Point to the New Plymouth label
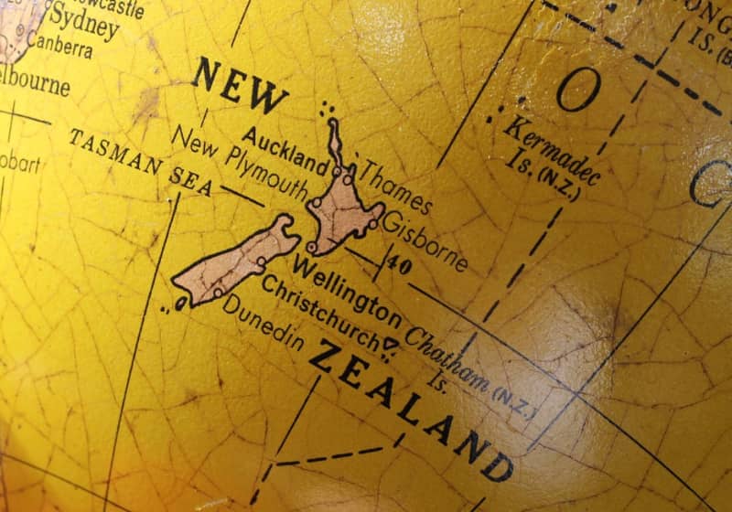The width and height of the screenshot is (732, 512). [240, 164]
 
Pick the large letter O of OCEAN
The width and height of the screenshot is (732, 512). [579, 90]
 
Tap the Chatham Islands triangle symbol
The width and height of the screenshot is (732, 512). [392, 344]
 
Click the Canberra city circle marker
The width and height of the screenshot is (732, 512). [19, 30]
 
